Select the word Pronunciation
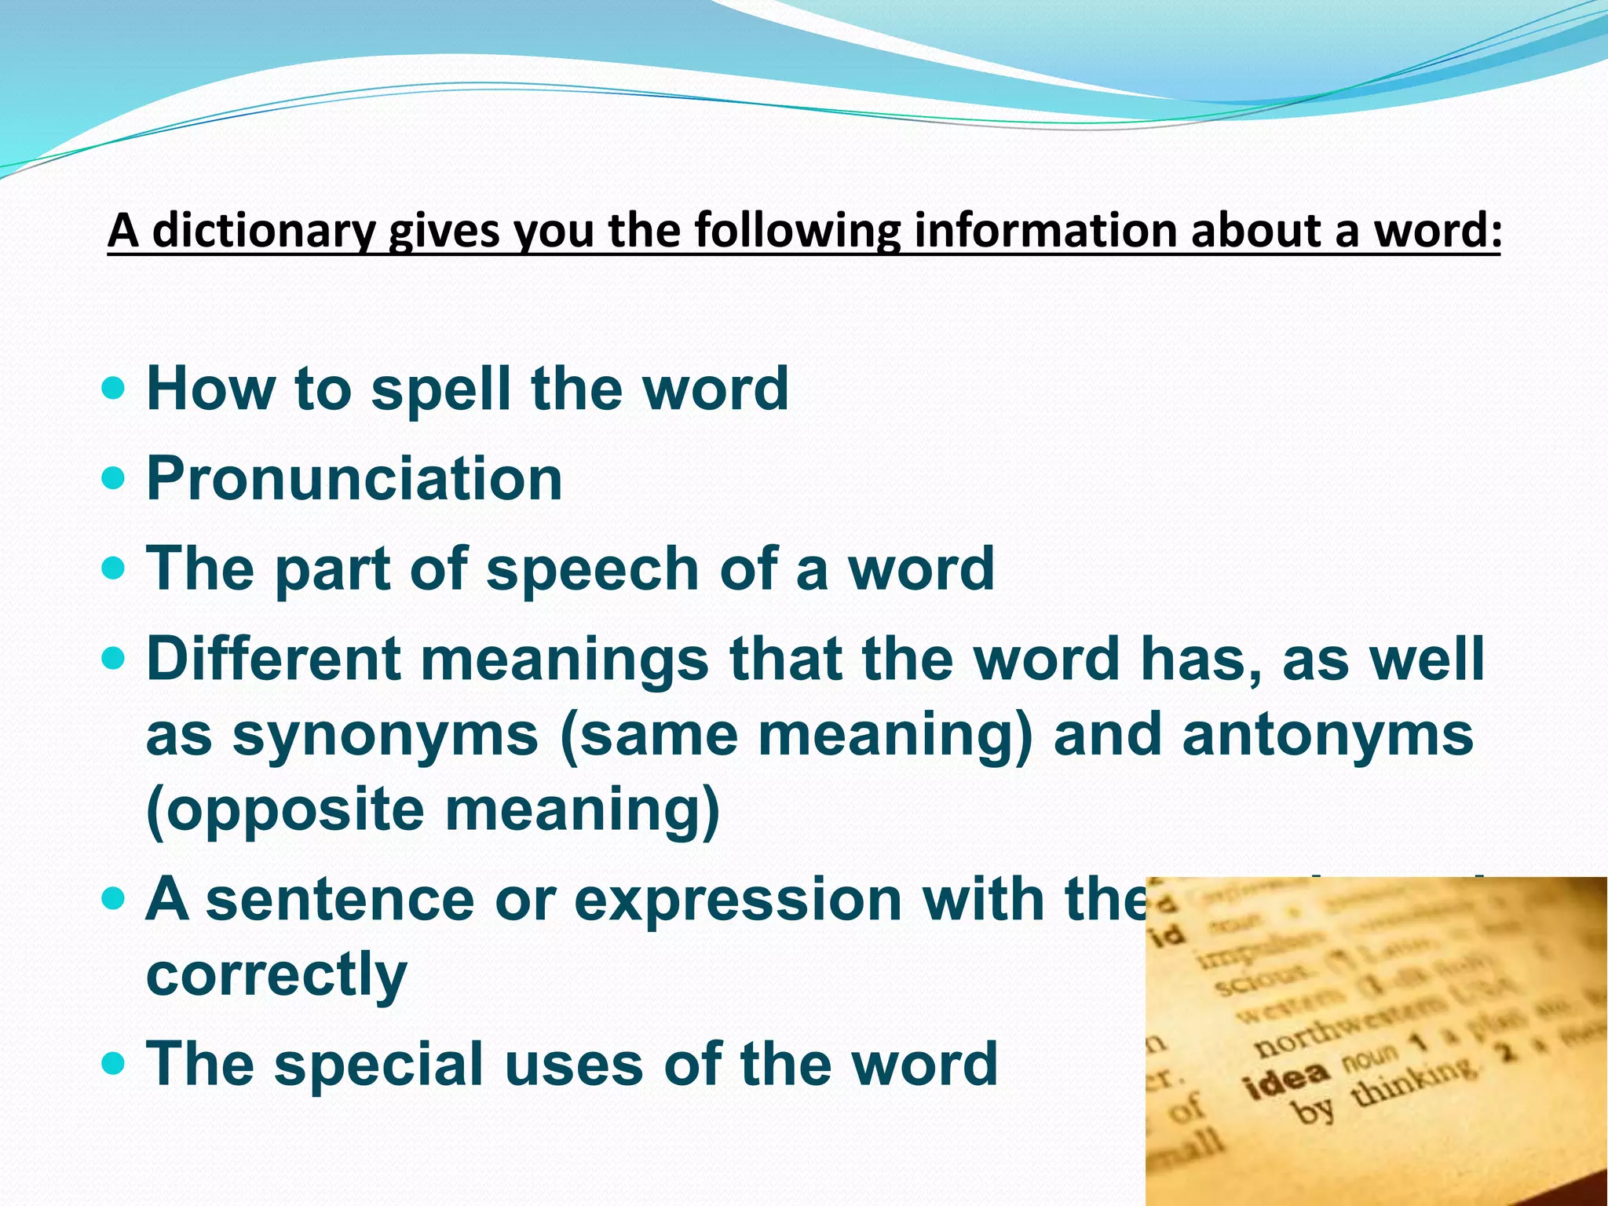click(354, 478)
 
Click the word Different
click(273, 659)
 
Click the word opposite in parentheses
click(286, 809)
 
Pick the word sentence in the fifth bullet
click(339, 899)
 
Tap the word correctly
click(276, 975)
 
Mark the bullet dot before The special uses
click(114, 1064)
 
